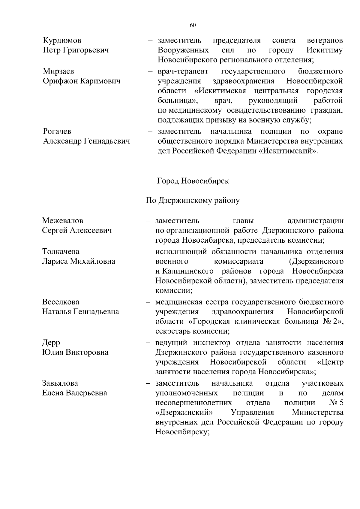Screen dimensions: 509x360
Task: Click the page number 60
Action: coord(193,25)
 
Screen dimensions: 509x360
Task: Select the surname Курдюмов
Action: coord(62,40)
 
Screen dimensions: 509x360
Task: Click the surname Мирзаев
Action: coord(58,71)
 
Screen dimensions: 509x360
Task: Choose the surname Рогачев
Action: coord(57,131)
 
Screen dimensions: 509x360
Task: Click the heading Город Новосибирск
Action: coord(193,181)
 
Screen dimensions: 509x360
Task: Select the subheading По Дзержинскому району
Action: coord(193,200)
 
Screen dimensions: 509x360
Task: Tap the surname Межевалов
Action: coord(62,221)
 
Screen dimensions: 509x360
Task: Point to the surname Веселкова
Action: coord(61,302)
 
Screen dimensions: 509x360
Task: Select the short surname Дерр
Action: coord(51,343)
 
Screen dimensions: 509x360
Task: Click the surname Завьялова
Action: coord(60,383)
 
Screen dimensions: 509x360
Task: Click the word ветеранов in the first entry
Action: coord(325,40)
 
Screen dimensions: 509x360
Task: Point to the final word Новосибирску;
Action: coord(182,432)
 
